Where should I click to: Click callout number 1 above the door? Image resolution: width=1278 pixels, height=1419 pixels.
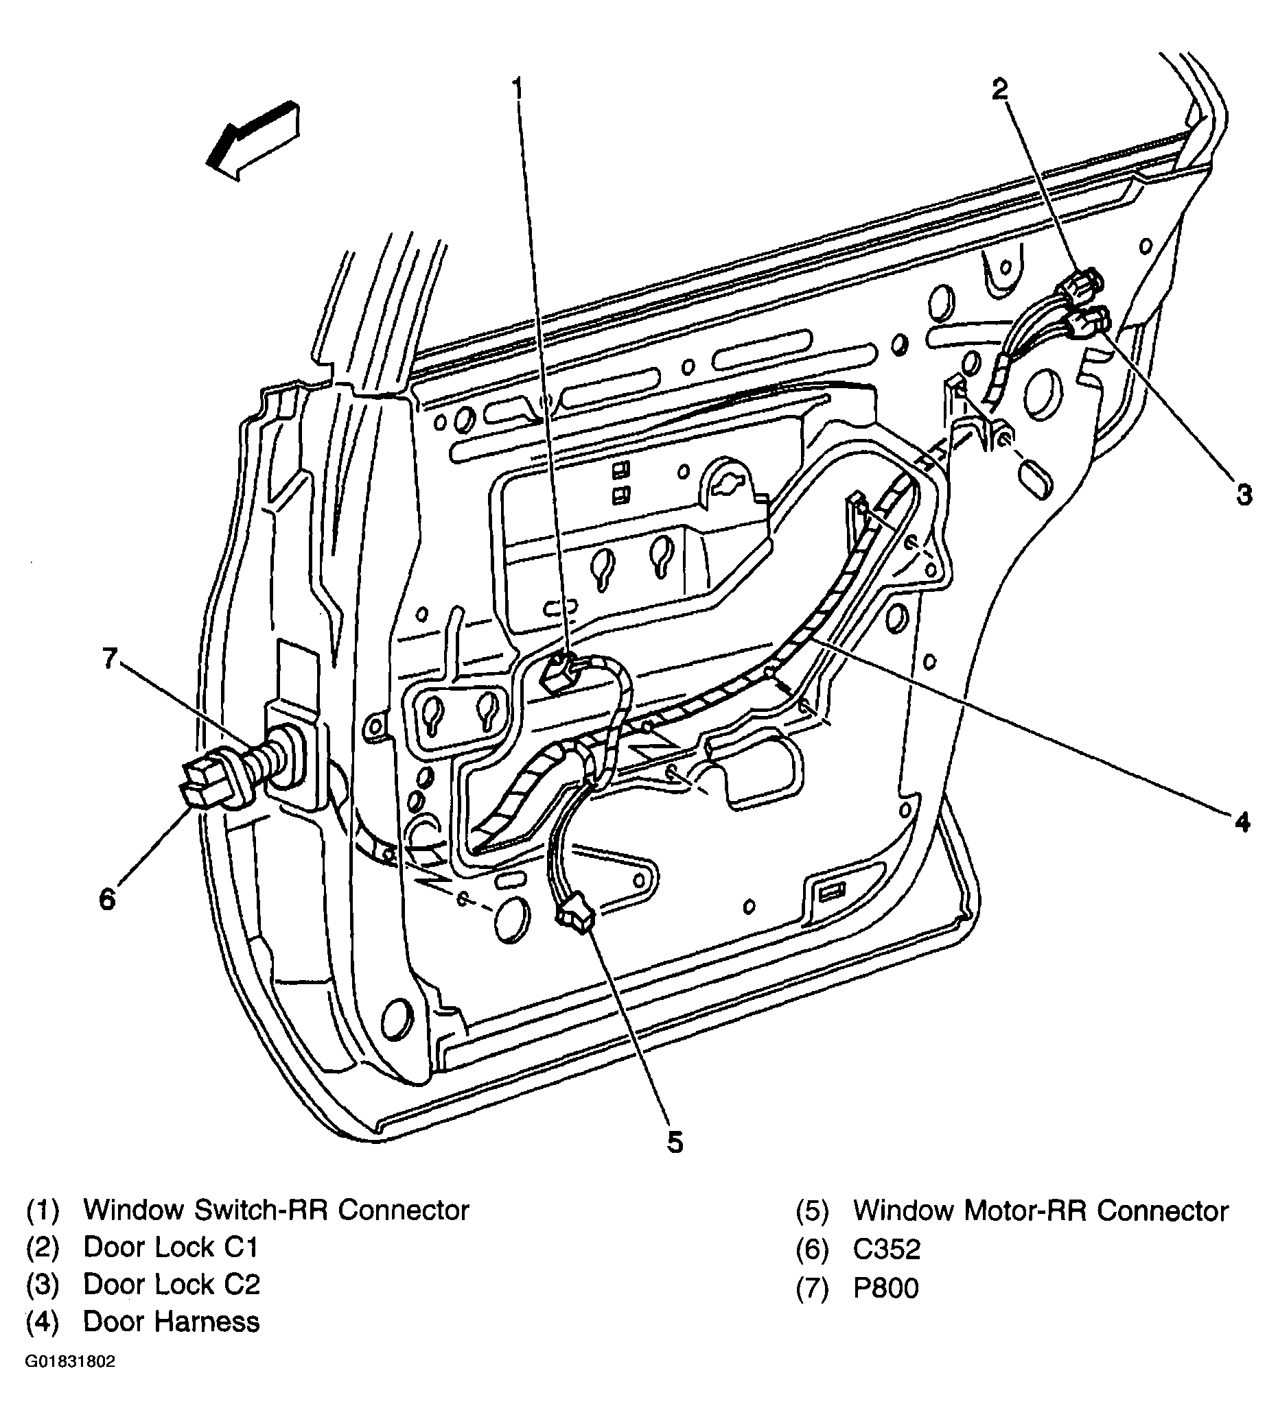click(518, 89)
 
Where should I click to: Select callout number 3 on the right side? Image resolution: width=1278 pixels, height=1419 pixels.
click(1244, 494)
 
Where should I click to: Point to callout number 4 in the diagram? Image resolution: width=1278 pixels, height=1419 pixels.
click(1242, 822)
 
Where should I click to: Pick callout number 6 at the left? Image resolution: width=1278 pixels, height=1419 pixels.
click(107, 898)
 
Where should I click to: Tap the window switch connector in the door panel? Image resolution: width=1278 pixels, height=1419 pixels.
click(560, 671)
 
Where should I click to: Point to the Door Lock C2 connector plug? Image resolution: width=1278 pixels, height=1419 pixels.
click(1086, 323)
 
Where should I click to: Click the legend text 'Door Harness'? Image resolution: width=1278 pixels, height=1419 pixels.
click(172, 1322)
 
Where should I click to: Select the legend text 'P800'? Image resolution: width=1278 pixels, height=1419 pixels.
click(885, 1288)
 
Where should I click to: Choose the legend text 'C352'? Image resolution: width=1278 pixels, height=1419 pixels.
click(886, 1249)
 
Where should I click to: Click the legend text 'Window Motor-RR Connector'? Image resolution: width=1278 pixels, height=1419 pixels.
click(1041, 1211)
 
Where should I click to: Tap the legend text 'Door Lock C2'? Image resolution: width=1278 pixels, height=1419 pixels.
click(172, 1285)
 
